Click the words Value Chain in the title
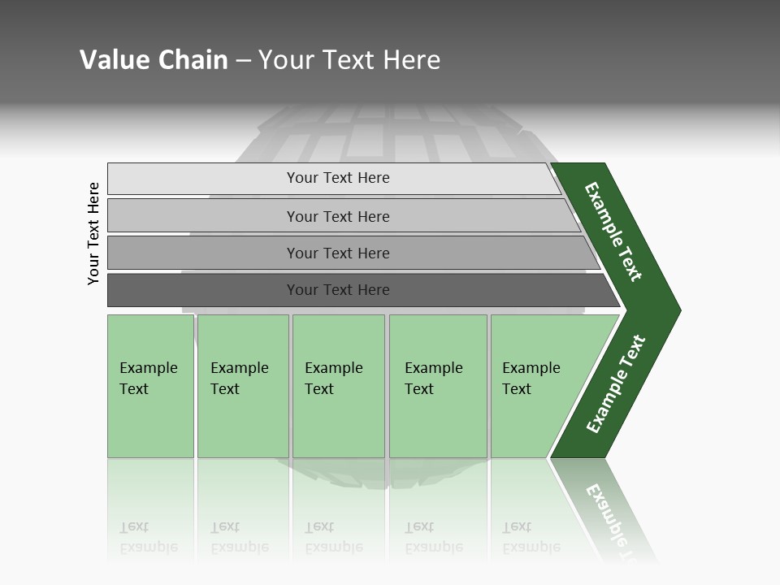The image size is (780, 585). (154, 60)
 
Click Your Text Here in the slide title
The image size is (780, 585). (349, 60)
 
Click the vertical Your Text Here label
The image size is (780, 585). (93, 233)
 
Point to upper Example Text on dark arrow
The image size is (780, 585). (613, 232)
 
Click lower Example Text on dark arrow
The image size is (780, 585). (616, 384)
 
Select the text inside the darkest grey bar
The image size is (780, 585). (338, 290)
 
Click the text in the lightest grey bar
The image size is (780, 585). (338, 178)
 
